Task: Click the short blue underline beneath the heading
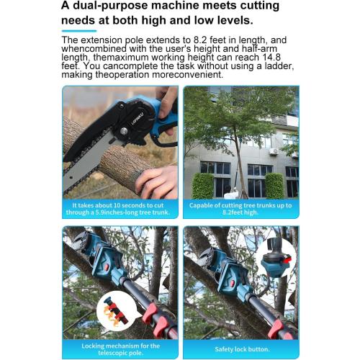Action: click(79, 31)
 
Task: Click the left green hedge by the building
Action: click(202, 186)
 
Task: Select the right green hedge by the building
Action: click(274, 186)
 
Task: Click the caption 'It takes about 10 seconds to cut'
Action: click(120, 204)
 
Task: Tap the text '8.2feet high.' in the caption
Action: click(240, 214)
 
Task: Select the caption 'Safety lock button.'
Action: click(240, 348)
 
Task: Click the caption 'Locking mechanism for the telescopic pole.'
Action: click(120, 348)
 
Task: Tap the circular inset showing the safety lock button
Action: click(277, 258)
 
